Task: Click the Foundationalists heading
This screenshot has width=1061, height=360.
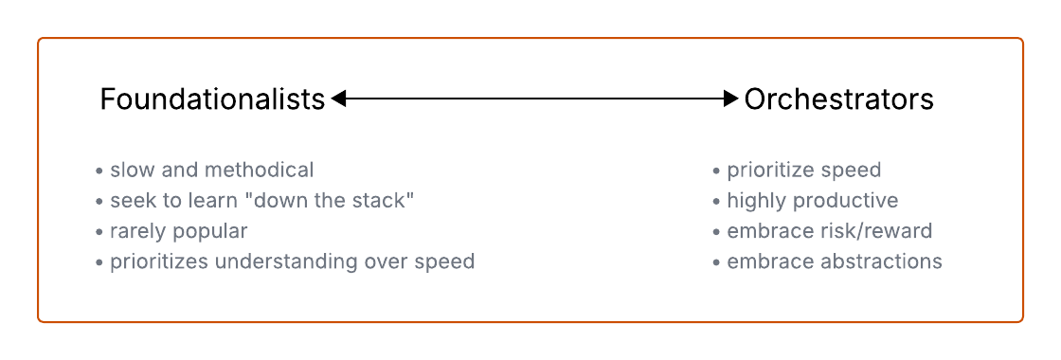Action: (x=212, y=99)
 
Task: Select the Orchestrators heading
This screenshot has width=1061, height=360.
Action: (x=839, y=99)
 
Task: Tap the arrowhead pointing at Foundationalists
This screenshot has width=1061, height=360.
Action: (x=338, y=99)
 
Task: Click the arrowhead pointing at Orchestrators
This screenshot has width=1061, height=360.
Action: (x=730, y=99)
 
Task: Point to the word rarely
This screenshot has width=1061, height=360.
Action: (x=138, y=231)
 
